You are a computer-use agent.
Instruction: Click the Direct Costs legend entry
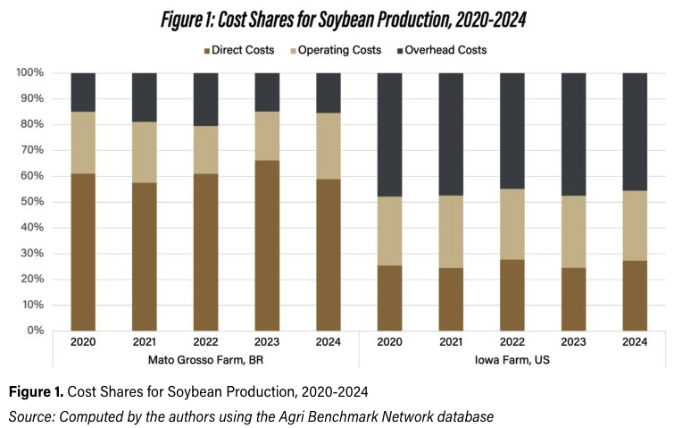click(x=239, y=50)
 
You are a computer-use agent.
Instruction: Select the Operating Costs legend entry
click(x=337, y=50)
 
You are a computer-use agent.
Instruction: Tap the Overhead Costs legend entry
click(x=442, y=50)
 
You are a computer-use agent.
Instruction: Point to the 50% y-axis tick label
click(x=32, y=202)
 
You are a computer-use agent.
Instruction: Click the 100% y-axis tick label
click(x=30, y=72)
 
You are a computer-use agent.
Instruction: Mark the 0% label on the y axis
click(x=35, y=331)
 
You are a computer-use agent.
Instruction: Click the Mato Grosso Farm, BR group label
click(x=205, y=359)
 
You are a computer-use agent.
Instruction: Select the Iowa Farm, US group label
click(x=512, y=359)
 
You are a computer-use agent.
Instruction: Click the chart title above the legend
click(x=344, y=20)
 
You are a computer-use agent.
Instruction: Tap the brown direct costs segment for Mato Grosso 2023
click(x=267, y=246)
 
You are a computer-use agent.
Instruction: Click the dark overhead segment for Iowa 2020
click(x=390, y=135)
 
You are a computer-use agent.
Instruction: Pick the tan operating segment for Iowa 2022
click(x=512, y=224)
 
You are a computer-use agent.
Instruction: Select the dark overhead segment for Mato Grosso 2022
click(x=206, y=99)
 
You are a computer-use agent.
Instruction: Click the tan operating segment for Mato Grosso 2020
click(x=83, y=143)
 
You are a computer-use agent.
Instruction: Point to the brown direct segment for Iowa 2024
click(x=635, y=296)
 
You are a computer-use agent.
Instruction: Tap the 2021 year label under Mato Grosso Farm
click(x=145, y=342)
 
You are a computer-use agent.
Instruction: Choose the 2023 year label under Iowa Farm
click(x=573, y=342)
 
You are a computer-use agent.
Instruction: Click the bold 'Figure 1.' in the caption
click(x=36, y=392)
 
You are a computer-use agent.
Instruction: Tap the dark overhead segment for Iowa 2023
click(x=573, y=134)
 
